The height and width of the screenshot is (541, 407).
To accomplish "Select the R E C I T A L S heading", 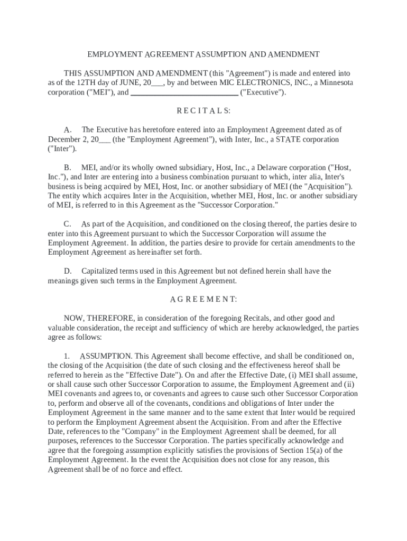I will pos(203,111).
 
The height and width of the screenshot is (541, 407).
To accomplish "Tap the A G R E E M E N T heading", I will pos(203,300).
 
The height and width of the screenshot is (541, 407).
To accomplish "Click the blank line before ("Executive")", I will pos(184,92).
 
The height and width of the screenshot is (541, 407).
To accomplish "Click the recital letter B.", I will pos(67,167).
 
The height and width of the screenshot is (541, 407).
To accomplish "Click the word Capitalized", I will pos(101,271).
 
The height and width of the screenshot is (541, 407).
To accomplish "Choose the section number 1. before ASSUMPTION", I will pos(67,356).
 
